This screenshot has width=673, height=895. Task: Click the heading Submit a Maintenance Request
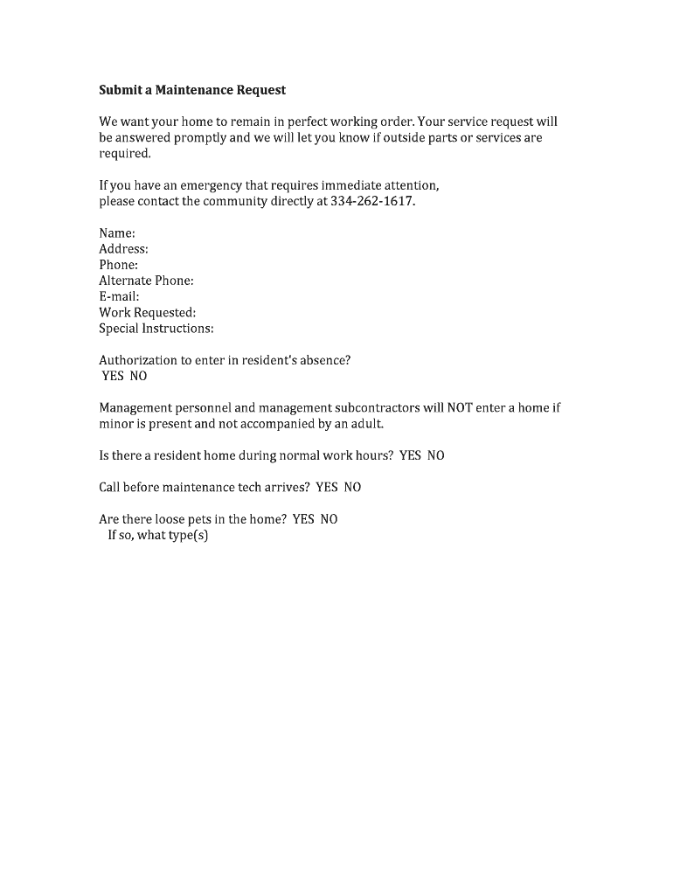tap(192, 90)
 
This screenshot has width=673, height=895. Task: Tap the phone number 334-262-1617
tap(371, 201)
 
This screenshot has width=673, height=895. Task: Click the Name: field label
tap(117, 233)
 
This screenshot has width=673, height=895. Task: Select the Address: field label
tap(123, 249)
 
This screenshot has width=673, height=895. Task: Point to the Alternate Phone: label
tap(146, 281)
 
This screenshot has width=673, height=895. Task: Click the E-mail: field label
tap(119, 296)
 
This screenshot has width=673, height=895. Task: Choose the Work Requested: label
tap(147, 312)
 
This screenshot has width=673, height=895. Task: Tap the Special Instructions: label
tap(156, 329)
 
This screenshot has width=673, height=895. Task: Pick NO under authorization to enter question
tap(138, 376)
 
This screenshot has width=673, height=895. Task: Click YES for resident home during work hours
tap(410, 455)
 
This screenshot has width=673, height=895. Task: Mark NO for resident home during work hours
tap(435, 455)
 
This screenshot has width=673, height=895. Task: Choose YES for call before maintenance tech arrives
tap(326, 487)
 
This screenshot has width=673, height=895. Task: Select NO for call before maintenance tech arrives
tap(352, 487)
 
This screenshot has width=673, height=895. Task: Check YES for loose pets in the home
tap(303, 519)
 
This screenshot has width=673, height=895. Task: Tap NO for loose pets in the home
tap(329, 519)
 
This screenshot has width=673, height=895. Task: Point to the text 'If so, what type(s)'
tap(157, 535)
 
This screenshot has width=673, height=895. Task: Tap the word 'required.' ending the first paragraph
tap(125, 154)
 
